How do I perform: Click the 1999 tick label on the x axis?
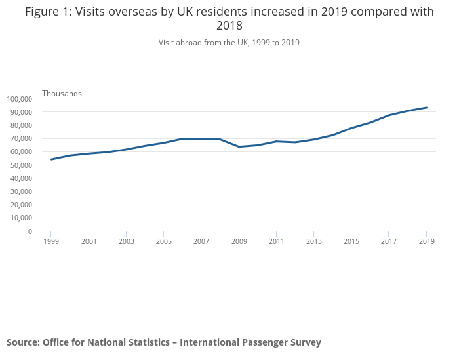coord(51,241)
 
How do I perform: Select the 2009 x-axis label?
coord(239,241)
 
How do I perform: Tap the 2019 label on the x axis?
coord(427,241)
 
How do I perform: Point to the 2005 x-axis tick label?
coord(164,241)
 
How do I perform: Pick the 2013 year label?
coord(314,241)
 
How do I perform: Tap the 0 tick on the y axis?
coord(30,231)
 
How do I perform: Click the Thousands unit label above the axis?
coord(62,94)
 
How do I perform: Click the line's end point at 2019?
coord(427,108)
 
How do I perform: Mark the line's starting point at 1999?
coord(51,159)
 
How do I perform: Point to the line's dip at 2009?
coord(239,146)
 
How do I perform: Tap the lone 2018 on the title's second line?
coord(229,26)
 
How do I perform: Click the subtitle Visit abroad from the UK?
coord(229,43)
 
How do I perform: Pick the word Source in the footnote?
coord(22,342)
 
